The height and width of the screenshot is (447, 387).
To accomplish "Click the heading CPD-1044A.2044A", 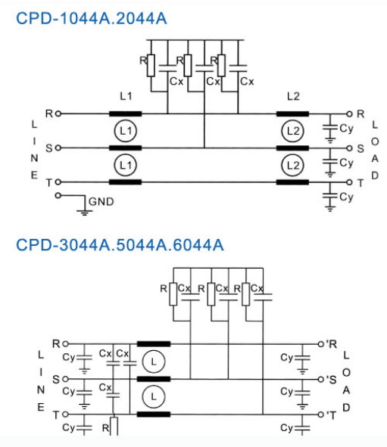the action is click(92, 18).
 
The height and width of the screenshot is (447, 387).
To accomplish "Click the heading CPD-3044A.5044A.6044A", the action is click(120, 244).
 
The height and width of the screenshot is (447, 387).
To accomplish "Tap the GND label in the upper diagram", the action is click(101, 201).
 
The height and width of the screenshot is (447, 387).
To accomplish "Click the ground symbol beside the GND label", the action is click(85, 212).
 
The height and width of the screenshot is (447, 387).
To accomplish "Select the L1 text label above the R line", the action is click(126, 96).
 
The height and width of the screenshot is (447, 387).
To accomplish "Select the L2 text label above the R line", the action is click(293, 96).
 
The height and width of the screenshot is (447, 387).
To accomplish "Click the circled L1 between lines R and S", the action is click(125, 131).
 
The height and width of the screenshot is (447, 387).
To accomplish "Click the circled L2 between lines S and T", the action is click(292, 166).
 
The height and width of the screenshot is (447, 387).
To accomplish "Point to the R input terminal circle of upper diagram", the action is click(58, 113).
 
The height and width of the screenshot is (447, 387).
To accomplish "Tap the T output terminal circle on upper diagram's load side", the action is click(349, 182).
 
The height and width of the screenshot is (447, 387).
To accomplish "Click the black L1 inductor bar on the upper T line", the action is click(125, 182).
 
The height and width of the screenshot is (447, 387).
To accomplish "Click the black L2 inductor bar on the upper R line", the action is click(292, 114).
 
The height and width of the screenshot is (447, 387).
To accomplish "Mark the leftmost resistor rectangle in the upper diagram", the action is click(151, 66).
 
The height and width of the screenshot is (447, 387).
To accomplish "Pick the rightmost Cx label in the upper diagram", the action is click(247, 82).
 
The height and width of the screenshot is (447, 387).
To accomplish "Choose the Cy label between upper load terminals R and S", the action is click(346, 129).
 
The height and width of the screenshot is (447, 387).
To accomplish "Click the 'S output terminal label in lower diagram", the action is click(331, 380).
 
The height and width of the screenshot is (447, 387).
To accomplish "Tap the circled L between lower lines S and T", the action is click(154, 396).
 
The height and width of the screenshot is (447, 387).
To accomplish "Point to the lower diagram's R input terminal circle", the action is click(65, 344).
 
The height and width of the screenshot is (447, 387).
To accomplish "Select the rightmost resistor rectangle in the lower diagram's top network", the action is click(245, 294).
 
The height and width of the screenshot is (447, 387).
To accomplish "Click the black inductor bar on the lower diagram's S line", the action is click(154, 379).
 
